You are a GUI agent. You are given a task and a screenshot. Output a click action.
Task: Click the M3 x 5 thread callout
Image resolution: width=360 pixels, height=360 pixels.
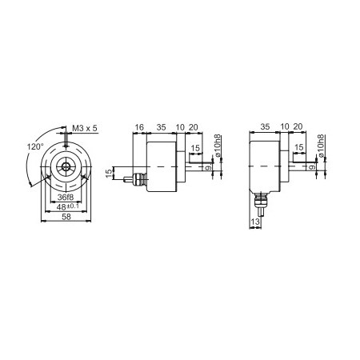click(84, 128)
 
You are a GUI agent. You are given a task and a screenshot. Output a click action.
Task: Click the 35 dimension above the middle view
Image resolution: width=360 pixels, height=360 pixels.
click(160, 126)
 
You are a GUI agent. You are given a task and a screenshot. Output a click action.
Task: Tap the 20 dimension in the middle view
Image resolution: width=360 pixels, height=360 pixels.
click(194, 126)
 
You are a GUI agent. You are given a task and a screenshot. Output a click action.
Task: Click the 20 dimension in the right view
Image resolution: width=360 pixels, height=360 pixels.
click(298, 126)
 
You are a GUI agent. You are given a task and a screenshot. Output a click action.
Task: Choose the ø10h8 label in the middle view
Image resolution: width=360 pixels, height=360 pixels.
click(218, 149)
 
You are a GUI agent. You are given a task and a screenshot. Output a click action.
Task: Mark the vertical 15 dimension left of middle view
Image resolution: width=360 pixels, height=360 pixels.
click(112, 173)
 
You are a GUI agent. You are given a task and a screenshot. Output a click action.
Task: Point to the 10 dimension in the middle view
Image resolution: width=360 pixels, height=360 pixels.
click(180, 126)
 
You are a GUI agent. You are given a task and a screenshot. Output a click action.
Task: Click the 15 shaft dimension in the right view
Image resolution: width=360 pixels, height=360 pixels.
click(298, 148)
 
